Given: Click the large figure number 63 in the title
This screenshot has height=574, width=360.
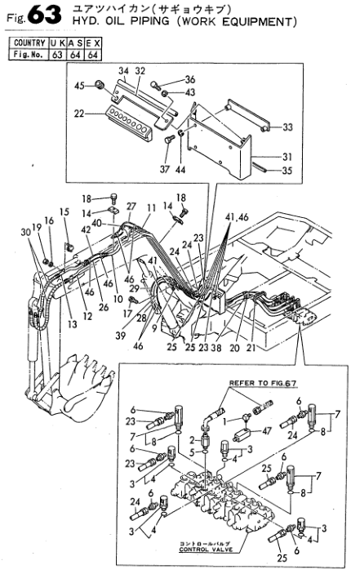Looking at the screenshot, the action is [x=44, y=15].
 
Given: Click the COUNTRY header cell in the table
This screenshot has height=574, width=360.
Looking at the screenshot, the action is [x=29, y=43].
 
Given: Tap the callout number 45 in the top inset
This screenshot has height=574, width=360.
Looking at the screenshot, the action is [x=79, y=86].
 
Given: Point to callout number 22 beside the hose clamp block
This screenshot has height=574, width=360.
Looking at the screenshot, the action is [x=79, y=113].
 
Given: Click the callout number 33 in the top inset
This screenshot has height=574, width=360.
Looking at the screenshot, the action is [x=287, y=127].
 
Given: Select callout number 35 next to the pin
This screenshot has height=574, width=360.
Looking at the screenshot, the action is [x=287, y=171].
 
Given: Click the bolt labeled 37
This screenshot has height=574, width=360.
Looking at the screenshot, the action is [x=169, y=140].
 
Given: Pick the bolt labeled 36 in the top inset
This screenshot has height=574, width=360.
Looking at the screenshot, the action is [x=154, y=85].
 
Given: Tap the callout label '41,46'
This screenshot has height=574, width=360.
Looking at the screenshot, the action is [x=237, y=217].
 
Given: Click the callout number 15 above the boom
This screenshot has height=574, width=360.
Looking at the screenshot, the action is [x=64, y=212].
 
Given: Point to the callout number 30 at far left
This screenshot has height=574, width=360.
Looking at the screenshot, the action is [x=25, y=233].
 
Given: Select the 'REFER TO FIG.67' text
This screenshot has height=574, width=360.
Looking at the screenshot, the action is [x=263, y=383].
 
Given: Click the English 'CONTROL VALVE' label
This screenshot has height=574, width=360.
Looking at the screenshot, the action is [x=206, y=550].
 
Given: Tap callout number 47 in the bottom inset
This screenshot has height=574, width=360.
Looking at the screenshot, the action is [x=267, y=430].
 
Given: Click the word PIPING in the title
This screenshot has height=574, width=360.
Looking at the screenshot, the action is [x=149, y=21].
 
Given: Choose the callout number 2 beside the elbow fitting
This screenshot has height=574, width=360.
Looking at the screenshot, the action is [x=192, y=440].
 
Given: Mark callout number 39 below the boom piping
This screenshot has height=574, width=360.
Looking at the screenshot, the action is [x=120, y=336].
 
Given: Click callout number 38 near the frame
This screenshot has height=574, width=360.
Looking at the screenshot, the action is [x=216, y=347].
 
